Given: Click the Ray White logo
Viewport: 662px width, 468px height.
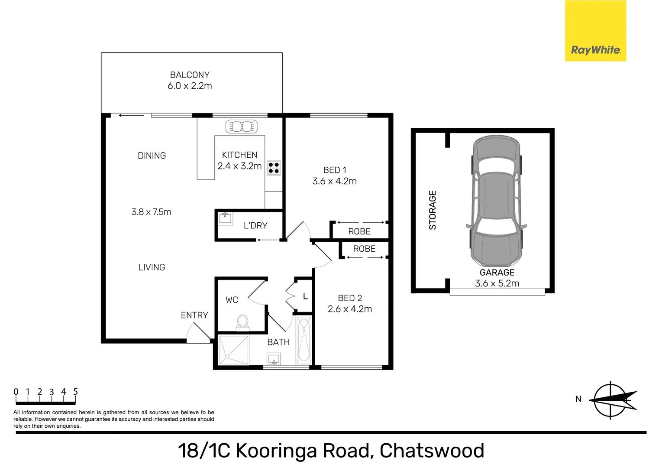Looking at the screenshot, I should (595, 31).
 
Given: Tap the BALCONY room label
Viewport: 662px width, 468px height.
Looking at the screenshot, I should (190, 75).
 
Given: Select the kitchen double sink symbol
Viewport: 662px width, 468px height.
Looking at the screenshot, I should (241, 127).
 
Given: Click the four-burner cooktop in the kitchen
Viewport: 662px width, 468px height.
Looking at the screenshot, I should (274, 168).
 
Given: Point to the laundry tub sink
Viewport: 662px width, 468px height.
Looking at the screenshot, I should (225, 218).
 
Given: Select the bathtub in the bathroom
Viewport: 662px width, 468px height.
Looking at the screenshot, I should (304, 340).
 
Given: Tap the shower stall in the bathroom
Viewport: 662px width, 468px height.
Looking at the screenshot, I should (234, 350).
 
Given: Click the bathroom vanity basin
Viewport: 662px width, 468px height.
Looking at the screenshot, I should (274, 359).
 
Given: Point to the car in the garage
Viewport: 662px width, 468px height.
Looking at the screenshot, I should (496, 201).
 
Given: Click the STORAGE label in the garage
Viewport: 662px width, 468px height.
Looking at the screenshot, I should (433, 210).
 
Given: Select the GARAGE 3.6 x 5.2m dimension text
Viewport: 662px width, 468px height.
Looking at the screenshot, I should (497, 283).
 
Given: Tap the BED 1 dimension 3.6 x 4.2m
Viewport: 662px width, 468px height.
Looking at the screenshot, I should (334, 181).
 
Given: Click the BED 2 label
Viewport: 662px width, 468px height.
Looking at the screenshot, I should (350, 298).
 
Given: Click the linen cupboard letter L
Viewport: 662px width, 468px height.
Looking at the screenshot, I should (305, 296).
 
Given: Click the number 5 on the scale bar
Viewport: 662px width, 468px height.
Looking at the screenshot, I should (75, 392).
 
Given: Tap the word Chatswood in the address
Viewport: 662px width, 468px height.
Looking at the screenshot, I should (432, 451).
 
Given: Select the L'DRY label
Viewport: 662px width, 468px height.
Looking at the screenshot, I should (255, 225).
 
